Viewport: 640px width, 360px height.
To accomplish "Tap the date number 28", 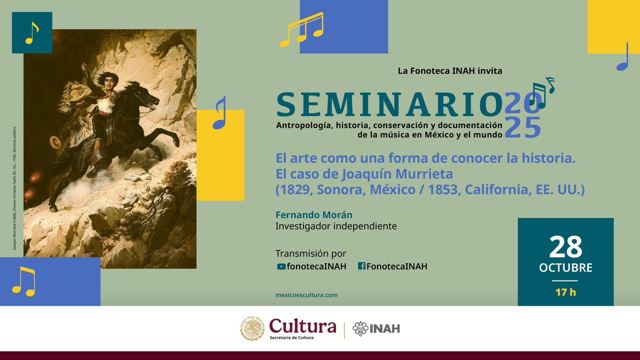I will coord(565,247).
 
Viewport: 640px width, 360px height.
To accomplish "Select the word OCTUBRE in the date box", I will coord(565,268).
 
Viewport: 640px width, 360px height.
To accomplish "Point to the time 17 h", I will coord(565,292).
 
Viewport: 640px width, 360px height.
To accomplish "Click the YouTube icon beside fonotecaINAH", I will coord(281,267).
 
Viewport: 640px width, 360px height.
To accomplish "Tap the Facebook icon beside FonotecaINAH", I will coord(361,267).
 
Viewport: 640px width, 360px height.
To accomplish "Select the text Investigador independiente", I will coord(336,226).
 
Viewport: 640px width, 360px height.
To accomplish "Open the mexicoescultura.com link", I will coord(306,294).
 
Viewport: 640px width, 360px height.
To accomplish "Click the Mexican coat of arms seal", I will coord(252,328).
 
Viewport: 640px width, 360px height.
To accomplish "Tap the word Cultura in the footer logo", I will coord(302,325).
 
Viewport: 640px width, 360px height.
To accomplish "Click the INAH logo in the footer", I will coord(377,329).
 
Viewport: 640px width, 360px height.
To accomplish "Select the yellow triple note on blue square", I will coord(301,29).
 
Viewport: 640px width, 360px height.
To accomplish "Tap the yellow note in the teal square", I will coord(32,33).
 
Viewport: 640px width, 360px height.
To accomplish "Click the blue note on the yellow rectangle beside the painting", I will coord(219,113).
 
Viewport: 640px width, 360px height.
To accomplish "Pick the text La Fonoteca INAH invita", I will coord(450,70).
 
